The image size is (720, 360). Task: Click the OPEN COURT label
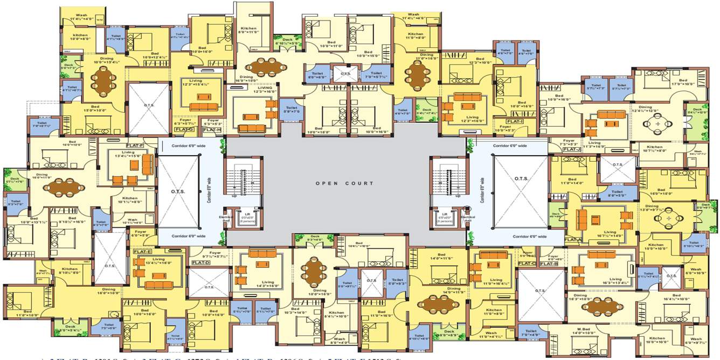(344, 183)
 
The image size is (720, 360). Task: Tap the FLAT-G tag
(184, 129)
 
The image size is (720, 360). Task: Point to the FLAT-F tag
(134, 146)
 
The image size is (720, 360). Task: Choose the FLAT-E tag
(142, 252)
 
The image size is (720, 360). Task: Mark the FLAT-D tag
(200, 262)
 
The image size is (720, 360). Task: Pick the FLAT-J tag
(571, 149)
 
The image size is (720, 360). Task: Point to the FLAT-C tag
(527, 264)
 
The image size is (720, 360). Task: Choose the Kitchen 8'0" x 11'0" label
(249, 30)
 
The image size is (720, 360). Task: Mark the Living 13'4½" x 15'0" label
(128, 155)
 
